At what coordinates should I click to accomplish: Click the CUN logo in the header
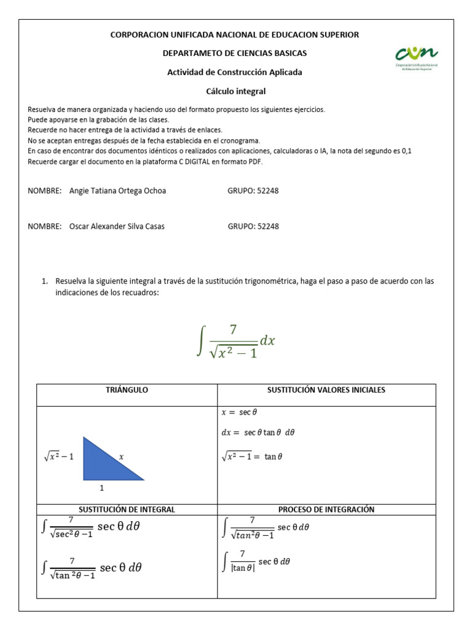pos(417,58)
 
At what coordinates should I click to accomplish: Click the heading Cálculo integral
pos(235,91)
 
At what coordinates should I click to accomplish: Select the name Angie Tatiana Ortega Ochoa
pos(118,191)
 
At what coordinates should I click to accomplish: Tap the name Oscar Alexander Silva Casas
pos(117,226)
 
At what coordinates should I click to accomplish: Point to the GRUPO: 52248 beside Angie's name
pos(253,191)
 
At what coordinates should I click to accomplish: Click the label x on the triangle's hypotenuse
pos(121,457)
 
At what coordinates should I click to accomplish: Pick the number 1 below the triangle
pos(102,488)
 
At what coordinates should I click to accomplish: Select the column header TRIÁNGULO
pos(127,390)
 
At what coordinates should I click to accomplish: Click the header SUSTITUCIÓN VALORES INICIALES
pos(326,390)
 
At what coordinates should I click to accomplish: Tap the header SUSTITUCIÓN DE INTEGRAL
pos(127,509)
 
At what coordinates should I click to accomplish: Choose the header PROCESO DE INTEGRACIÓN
pos(326,509)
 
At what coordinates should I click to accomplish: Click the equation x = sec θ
pos(240,413)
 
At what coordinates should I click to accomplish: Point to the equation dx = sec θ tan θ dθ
pos(258,433)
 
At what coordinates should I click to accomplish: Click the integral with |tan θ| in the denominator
pos(256,562)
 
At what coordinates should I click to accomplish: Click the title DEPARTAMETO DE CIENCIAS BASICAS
pos(235,54)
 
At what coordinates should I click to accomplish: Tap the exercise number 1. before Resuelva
pos(45,281)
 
